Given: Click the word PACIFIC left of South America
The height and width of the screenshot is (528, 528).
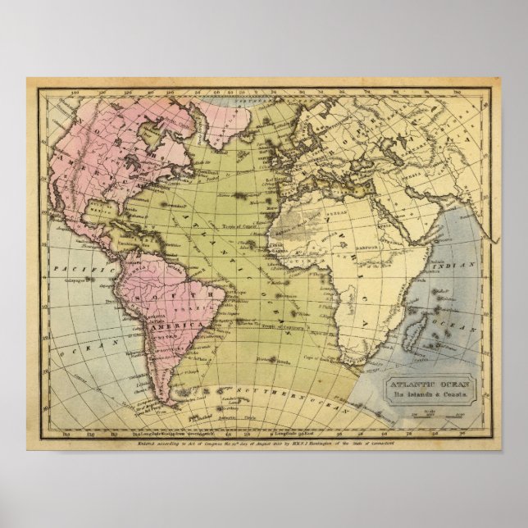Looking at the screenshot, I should [72, 268].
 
